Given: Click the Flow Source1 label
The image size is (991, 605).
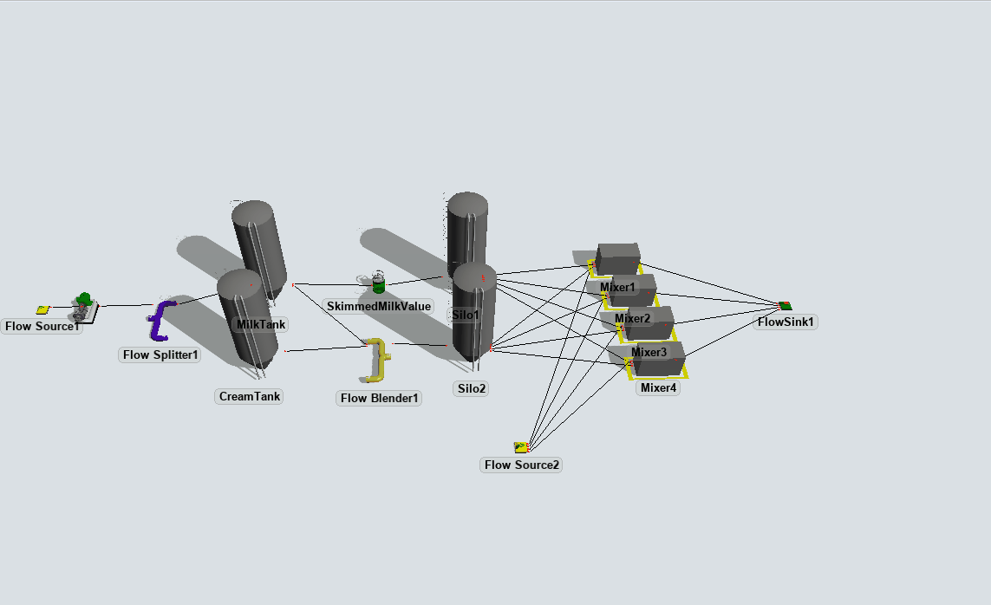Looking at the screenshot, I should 42,327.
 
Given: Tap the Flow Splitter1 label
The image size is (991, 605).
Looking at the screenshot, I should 160,355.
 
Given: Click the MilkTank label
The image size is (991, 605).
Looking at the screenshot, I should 261,324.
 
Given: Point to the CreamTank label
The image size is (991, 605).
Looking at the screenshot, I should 251,396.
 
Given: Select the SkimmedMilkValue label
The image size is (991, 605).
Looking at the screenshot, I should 379,306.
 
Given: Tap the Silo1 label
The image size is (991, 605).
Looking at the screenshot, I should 466,315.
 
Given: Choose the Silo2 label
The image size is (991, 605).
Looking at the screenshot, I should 471,388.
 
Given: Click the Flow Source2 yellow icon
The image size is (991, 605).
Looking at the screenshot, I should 521,447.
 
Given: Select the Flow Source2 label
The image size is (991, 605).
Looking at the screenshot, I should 522,465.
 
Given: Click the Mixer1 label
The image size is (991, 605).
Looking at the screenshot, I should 617,287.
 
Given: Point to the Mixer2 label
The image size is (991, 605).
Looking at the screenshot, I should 632,318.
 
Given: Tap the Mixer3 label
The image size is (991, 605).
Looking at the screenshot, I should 649,352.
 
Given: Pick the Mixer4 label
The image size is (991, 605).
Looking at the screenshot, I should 658,387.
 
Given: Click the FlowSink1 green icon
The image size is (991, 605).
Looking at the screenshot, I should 785,305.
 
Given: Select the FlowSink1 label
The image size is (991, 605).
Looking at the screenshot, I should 786,322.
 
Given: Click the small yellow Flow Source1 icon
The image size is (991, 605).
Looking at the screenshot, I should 42,309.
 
